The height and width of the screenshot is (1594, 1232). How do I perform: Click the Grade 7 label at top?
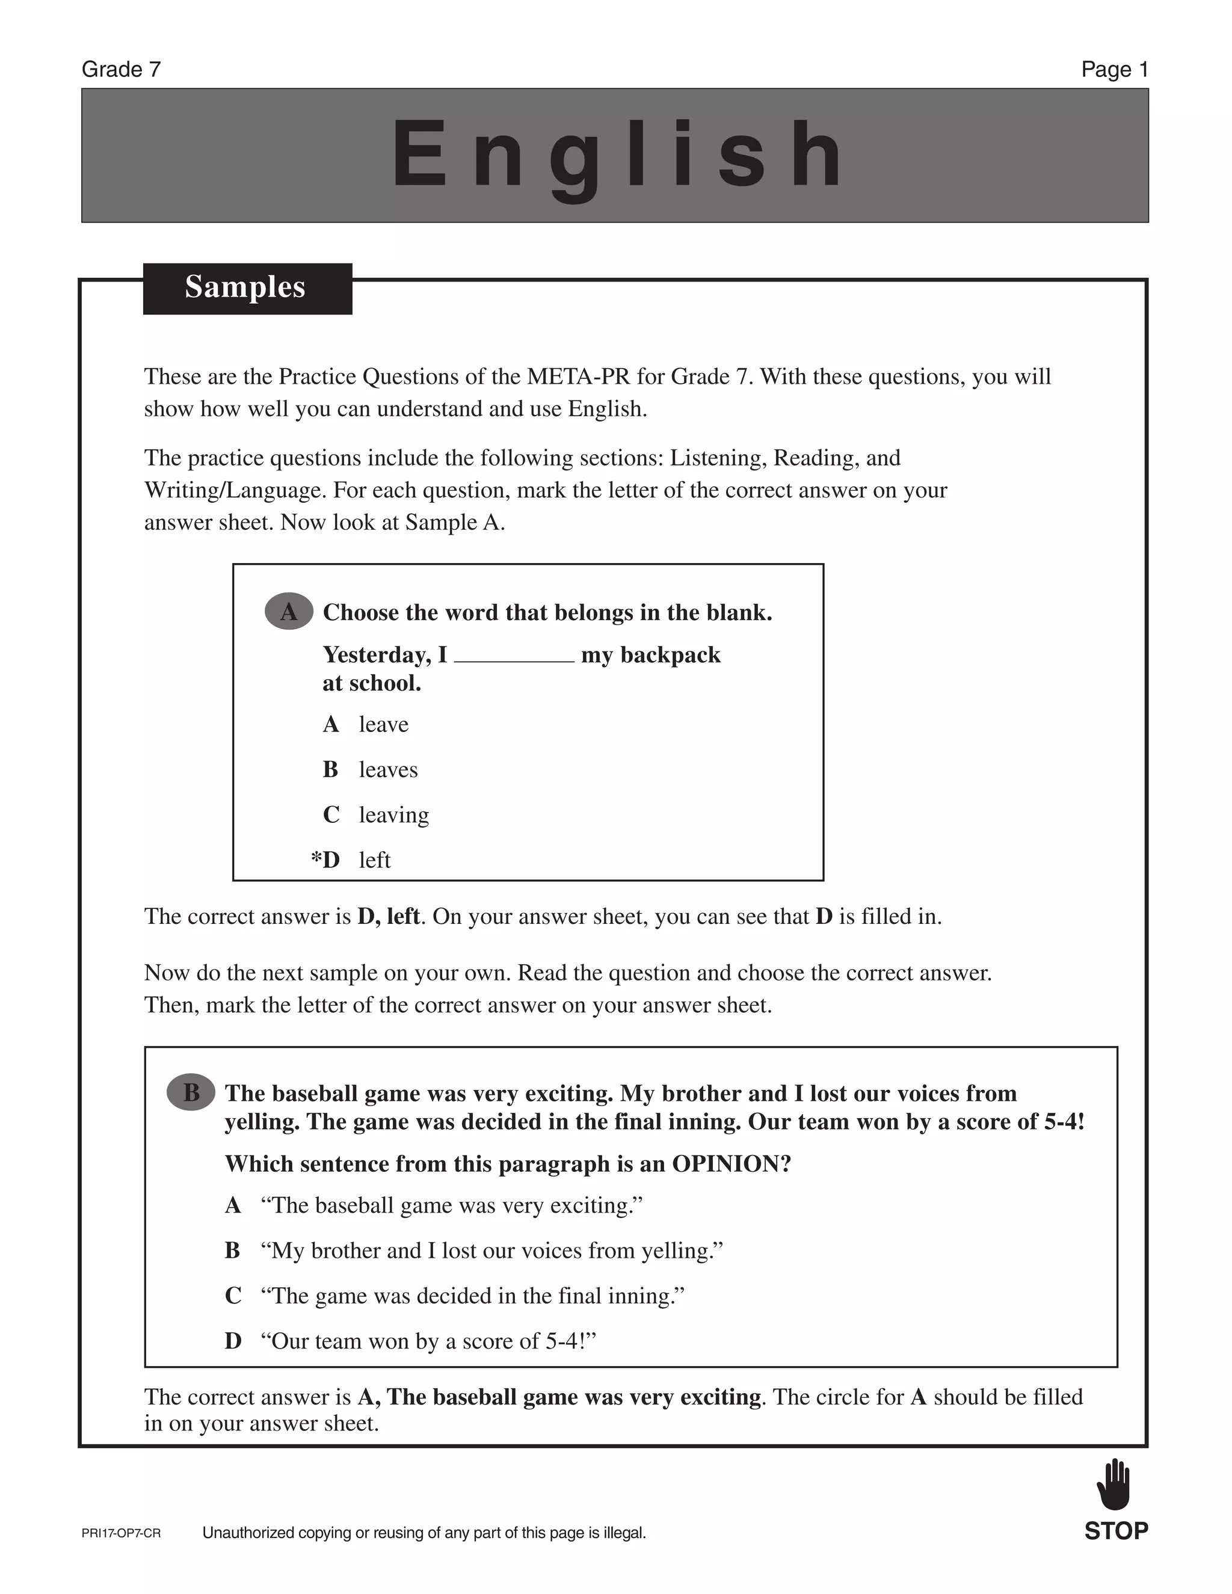pos(121,69)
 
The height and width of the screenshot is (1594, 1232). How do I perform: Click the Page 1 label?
pos(1115,69)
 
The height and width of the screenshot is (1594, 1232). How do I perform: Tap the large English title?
pos(617,155)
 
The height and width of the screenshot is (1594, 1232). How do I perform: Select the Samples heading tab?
pos(247,288)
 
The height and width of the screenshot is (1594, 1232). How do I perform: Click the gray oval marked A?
pos(289,612)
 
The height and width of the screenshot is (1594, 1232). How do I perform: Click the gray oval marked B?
pos(191,1092)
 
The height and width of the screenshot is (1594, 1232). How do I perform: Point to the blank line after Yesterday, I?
pos(514,657)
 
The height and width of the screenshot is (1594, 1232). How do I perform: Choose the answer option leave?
pos(383,725)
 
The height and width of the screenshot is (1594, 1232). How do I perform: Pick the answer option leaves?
pos(387,770)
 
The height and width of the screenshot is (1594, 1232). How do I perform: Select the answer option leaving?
pos(393,815)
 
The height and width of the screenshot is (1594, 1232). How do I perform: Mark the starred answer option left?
pos(374,861)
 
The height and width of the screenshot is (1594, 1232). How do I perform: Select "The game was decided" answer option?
pos(472,1296)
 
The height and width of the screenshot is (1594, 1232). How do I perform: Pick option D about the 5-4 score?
pos(428,1341)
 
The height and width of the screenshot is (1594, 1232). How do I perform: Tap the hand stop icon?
pos(1113,1485)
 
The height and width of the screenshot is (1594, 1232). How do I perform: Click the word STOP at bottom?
pos(1116,1531)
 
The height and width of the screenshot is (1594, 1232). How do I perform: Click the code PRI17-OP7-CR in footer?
pos(121,1533)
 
